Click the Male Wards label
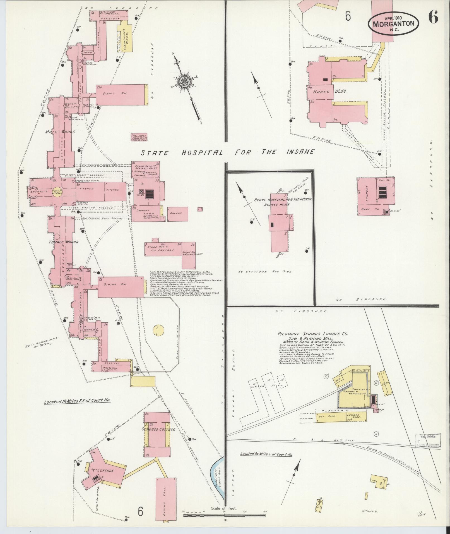tap(60, 132)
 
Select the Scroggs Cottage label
tap(158, 429)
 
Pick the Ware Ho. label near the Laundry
tap(369, 209)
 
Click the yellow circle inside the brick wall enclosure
tap(158, 331)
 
